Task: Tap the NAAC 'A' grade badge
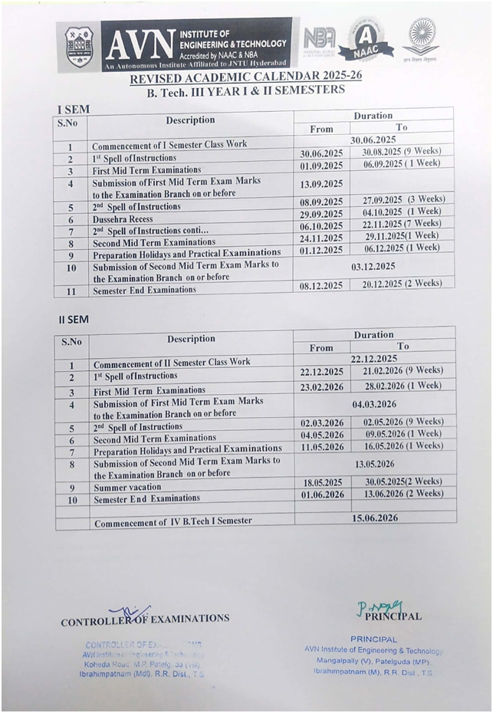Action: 366,40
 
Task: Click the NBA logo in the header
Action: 319,39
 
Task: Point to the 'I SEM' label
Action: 74,109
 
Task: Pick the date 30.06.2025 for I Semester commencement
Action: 373,140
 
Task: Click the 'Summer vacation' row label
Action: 127,487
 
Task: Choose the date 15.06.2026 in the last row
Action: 375,518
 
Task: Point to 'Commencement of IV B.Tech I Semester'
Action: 173,521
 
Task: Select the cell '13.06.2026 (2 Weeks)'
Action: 403,494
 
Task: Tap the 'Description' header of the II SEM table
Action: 191,339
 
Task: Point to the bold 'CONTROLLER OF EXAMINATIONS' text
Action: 145,619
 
